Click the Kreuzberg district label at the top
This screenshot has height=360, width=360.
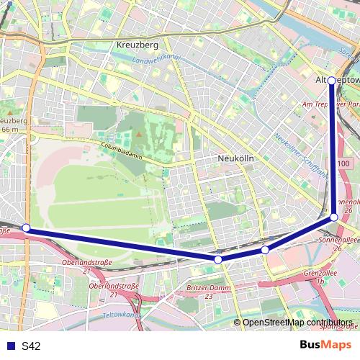[x=137, y=45]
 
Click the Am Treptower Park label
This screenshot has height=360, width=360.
[x=331, y=104]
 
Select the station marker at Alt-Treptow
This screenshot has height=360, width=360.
[x=332, y=81]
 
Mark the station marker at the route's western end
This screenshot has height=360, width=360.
[x=26, y=228]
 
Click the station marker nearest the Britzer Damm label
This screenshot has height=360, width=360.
[x=217, y=259]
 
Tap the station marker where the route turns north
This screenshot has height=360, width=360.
[x=334, y=217]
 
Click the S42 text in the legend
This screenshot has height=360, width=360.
[x=31, y=346]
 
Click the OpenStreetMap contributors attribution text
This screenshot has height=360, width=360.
[x=297, y=323]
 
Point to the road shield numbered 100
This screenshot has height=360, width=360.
[x=343, y=164]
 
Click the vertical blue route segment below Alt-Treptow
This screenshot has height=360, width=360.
[x=333, y=151]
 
